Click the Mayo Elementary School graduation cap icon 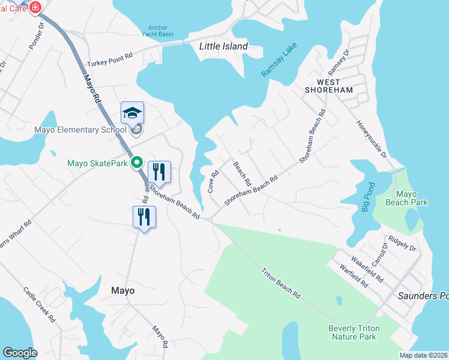click(x=133, y=113)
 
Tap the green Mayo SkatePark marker click(x=136, y=163)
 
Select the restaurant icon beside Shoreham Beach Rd click(x=159, y=172)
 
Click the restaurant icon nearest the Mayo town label click(x=144, y=217)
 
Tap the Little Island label click(x=223, y=46)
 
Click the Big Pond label click(x=367, y=196)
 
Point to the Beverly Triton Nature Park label click(x=352, y=332)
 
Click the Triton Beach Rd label click(x=280, y=283)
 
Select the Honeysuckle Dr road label click(x=372, y=140)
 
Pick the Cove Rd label click(x=212, y=181)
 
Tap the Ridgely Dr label click(x=402, y=243)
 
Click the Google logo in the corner click(x=20, y=353)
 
